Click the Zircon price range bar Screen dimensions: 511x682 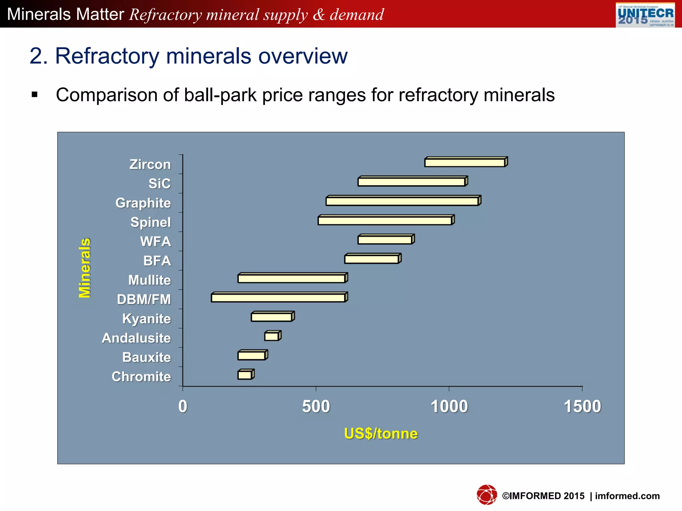(466, 162)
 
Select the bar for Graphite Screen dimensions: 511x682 (403, 201)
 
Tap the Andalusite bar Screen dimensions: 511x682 (272, 336)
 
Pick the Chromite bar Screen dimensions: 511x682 (246, 375)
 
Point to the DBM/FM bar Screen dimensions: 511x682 (279, 297)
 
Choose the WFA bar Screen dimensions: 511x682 (386, 240)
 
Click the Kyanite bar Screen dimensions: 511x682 (272, 317)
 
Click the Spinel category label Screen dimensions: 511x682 (151, 222)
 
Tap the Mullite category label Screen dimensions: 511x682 (150, 280)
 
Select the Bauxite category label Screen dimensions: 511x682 (147, 357)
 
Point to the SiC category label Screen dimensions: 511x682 (160, 184)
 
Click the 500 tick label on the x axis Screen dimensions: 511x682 (316, 407)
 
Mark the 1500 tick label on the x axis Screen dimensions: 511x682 (582, 407)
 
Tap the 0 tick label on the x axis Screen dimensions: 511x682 (183, 407)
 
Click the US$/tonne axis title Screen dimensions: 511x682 (381, 433)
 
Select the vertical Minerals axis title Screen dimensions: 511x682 (85, 268)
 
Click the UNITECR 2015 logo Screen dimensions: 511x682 (645, 15)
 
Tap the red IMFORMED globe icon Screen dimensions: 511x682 (487, 495)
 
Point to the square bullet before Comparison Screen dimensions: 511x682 (35, 95)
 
